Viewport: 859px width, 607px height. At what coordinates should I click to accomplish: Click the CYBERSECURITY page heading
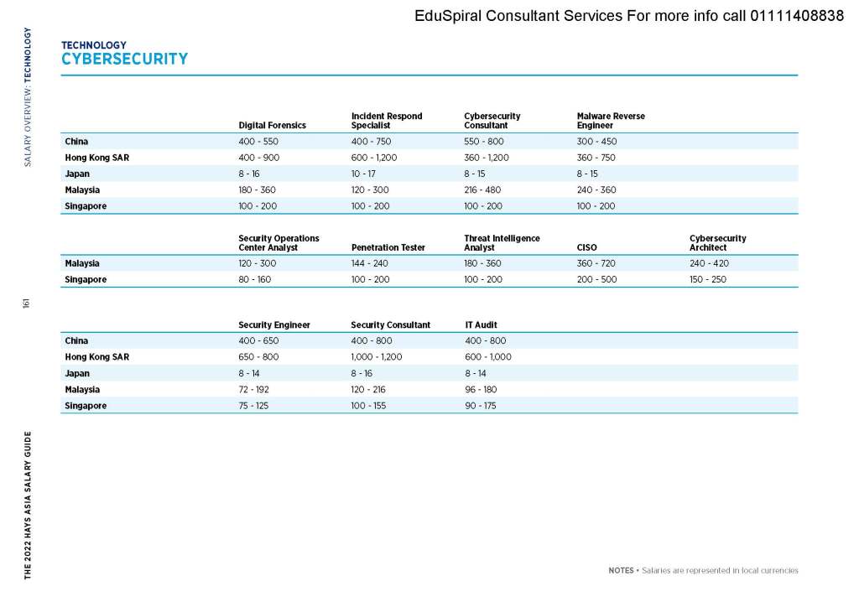(124, 59)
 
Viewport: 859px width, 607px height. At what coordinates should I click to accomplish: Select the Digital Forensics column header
(272, 125)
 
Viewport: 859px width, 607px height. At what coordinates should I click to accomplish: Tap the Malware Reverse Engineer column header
(611, 121)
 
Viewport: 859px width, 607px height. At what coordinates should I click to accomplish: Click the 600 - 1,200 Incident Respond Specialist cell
(373, 158)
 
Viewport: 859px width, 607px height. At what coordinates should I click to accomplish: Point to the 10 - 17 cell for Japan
(363, 174)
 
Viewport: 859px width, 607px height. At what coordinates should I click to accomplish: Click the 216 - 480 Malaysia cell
(482, 189)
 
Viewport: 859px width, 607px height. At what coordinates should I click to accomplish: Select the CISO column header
(586, 247)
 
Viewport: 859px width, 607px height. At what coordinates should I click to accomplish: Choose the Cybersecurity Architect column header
(717, 243)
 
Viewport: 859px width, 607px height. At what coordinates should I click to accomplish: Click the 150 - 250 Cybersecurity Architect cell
(708, 279)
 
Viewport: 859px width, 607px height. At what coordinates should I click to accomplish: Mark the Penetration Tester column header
(388, 247)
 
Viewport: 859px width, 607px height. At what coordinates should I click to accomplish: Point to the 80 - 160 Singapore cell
(254, 279)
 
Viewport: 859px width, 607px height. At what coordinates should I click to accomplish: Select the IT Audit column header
(481, 324)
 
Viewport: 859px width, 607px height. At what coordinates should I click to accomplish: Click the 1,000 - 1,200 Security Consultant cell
(377, 357)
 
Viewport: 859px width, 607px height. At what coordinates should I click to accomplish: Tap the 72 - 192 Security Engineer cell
(255, 389)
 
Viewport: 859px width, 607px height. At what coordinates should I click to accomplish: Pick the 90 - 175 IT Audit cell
(482, 406)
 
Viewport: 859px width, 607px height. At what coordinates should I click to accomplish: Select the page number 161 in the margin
(27, 303)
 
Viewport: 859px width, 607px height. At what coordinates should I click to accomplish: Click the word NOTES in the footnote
(621, 571)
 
